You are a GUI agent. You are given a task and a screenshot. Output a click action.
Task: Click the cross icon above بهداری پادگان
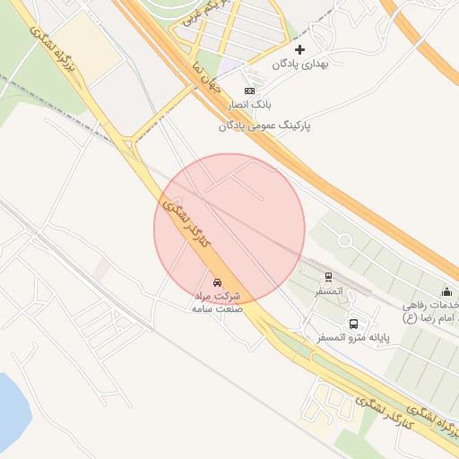pos(299,48)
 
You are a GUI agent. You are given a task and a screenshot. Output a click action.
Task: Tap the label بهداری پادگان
pos(302,65)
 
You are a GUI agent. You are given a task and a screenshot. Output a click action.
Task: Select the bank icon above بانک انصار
pos(249,91)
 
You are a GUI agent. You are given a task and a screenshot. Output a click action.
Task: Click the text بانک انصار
pos(248,106)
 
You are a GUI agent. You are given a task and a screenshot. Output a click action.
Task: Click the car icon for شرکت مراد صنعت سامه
pos(218,280)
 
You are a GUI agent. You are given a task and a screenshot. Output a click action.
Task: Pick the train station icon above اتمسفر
pos(329,277)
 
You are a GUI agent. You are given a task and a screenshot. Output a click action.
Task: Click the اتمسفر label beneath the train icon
pos(328,292)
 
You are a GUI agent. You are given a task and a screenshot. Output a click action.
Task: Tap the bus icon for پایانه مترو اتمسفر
pos(353,324)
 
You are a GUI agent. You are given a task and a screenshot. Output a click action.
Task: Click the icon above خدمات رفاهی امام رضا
pos(446,291)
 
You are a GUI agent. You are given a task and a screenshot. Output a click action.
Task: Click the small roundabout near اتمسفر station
pos(344,239)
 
